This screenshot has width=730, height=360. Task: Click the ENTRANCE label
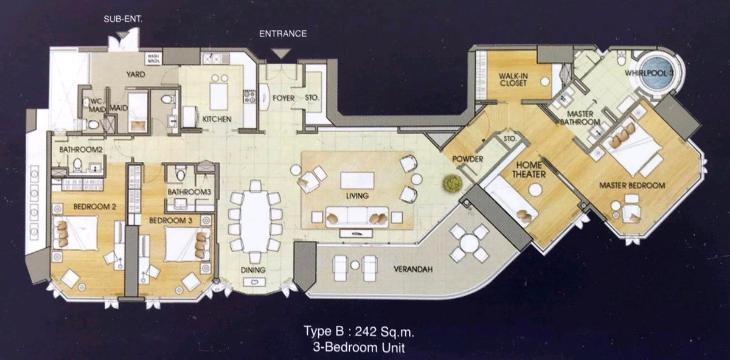pyautogui.click(x=283, y=33)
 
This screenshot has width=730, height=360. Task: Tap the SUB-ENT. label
pyautogui.click(x=123, y=19)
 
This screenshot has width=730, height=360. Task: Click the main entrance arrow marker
pyautogui.click(x=281, y=54)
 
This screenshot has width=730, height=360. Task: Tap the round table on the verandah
pyautogui.click(x=469, y=243)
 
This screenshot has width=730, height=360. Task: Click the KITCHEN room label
pyautogui.click(x=217, y=119)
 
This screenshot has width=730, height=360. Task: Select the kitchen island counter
pyautogui.click(x=219, y=97)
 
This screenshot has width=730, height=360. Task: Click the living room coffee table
pyautogui.click(x=357, y=180)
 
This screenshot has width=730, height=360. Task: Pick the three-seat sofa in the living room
pyautogui.click(x=357, y=216)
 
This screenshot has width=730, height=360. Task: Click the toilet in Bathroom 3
pyautogui.click(x=180, y=174)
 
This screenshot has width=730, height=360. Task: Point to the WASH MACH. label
pyautogui.click(x=153, y=58)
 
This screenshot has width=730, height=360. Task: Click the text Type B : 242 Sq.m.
pyautogui.click(x=359, y=331)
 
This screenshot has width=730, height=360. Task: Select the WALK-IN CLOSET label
pyautogui.click(x=513, y=80)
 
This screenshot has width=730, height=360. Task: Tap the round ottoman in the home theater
pyautogui.click(x=535, y=190)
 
